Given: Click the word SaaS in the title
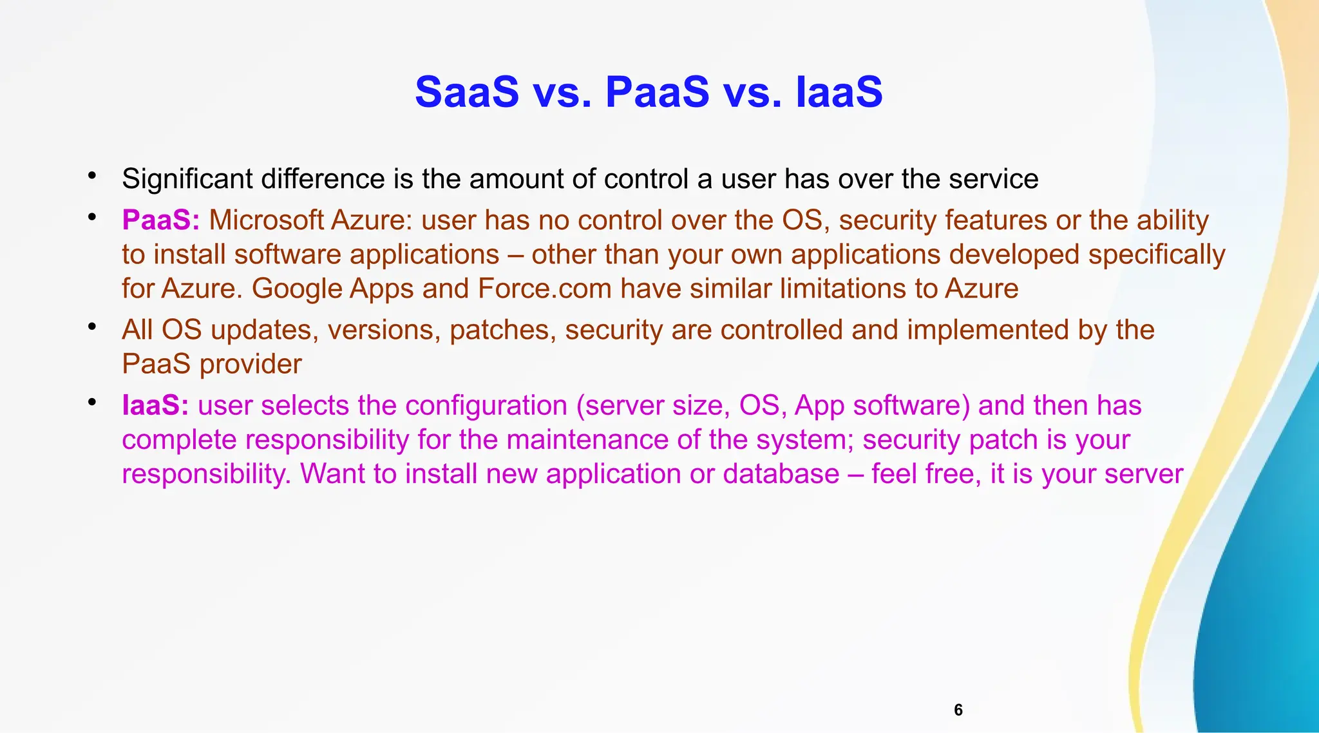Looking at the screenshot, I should (466, 92).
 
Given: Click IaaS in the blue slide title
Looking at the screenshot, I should (839, 92).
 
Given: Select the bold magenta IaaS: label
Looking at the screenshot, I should (155, 406).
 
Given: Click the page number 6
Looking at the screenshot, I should (958, 710).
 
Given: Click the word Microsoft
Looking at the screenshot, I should (266, 220).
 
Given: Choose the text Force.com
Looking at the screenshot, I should (544, 289).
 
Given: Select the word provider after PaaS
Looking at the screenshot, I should (250, 365).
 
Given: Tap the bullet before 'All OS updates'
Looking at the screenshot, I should (92, 327).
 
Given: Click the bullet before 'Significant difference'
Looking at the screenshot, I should (92, 175).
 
